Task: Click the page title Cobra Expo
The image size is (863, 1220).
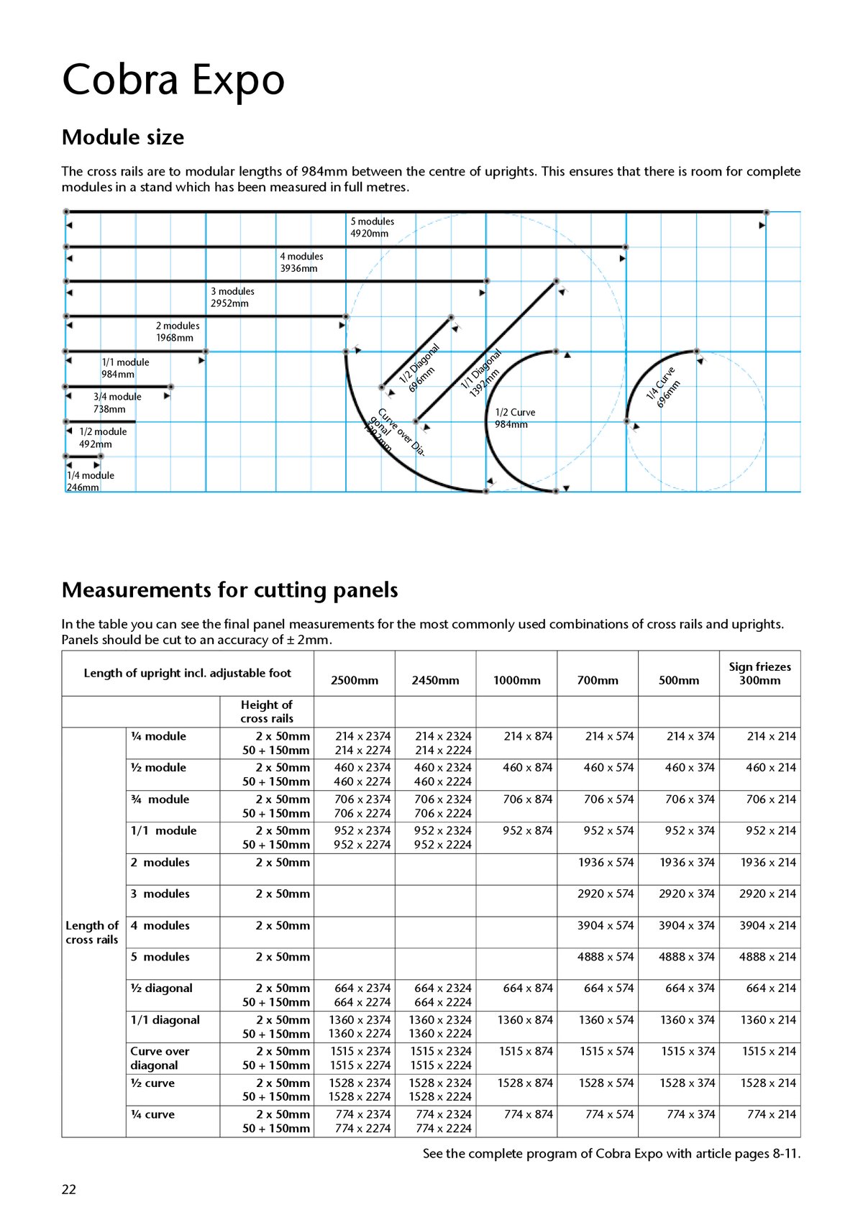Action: pos(173,80)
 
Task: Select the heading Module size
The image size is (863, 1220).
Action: pos(123,137)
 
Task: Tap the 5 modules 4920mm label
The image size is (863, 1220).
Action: pos(372,227)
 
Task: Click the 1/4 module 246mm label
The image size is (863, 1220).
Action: pos(90,481)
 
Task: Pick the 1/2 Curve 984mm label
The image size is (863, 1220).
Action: pos(515,418)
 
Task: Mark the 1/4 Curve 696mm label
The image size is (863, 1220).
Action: pos(662,387)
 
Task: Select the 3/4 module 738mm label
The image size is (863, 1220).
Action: pos(117,403)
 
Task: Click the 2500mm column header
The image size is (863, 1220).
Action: pos(354,680)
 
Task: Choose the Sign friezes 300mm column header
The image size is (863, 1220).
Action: pos(759,673)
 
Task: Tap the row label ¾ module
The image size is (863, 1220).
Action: pos(160,799)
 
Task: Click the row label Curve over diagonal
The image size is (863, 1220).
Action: pos(160,1058)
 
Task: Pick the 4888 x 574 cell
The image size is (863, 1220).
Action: pos(606,957)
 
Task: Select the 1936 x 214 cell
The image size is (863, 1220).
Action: pos(768,862)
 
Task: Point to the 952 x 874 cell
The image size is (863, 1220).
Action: pos(527,830)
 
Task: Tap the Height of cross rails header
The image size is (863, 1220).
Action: pos(267,711)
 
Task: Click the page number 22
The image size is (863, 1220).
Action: pos(68,1189)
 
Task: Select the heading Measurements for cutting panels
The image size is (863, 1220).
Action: pos(229,590)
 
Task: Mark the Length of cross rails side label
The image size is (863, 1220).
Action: pos(92,932)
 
